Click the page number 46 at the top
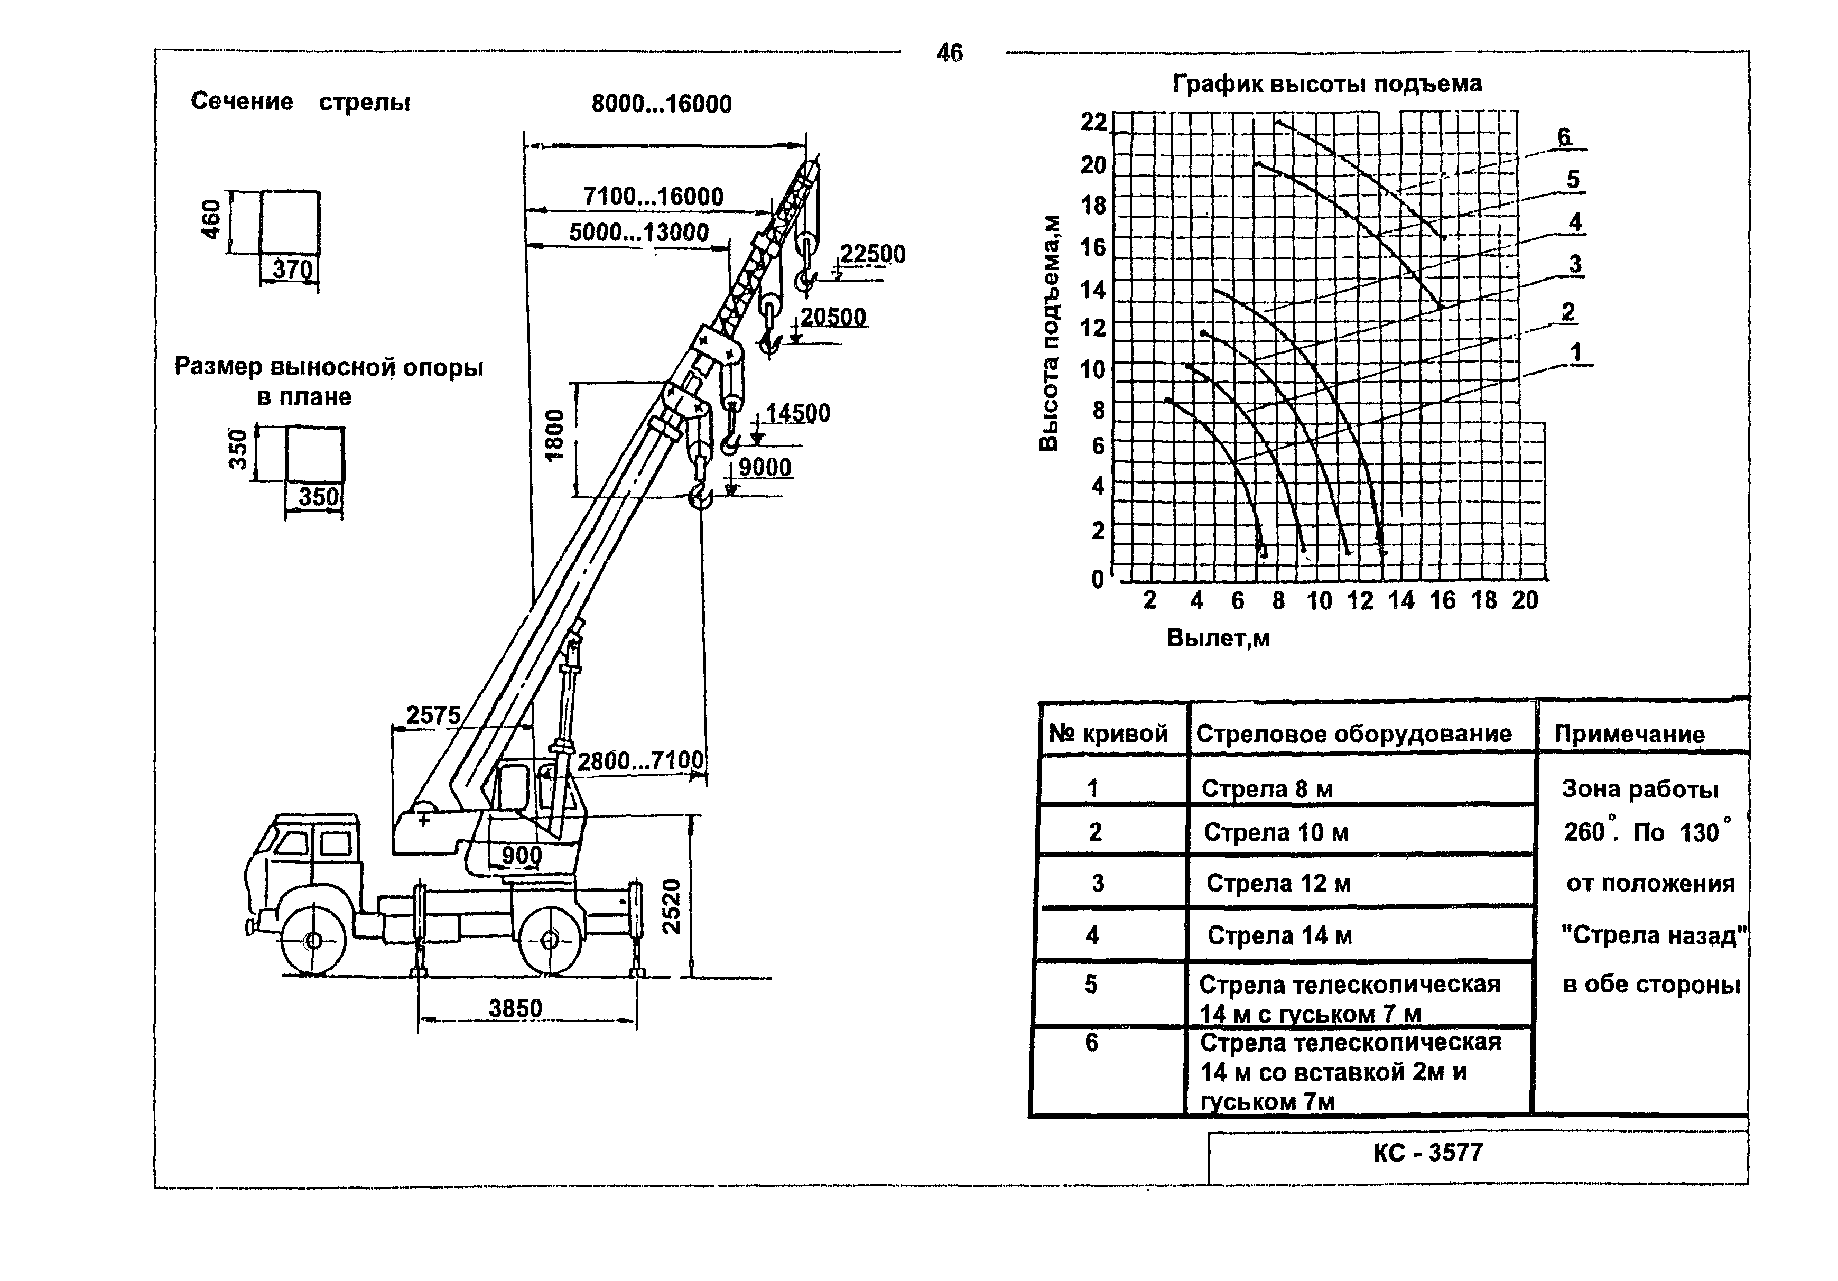point(950,53)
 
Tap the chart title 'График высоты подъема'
point(1328,84)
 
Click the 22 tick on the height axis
point(1093,122)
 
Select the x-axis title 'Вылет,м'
point(1219,638)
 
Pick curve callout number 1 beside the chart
point(1575,352)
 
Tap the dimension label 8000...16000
point(661,104)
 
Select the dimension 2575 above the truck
point(433,715)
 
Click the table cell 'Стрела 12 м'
point(1278,883)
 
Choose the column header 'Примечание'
point(1629,734)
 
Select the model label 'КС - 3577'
point(1428,1153)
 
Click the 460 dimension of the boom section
point(210,219)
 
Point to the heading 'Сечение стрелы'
point(300,101)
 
